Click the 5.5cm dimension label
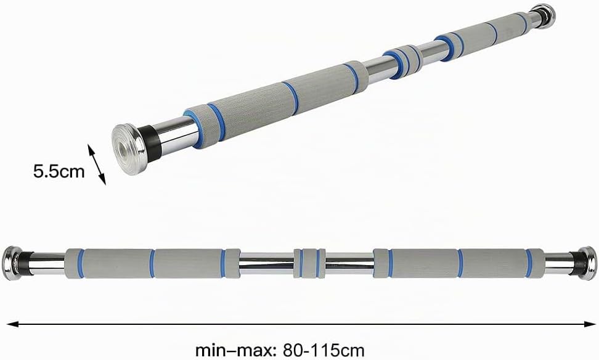(59, 171)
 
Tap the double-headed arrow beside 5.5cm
(97, 165)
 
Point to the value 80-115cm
(324, 350)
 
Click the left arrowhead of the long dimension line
(12, 324)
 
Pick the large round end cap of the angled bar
(129, 149)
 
